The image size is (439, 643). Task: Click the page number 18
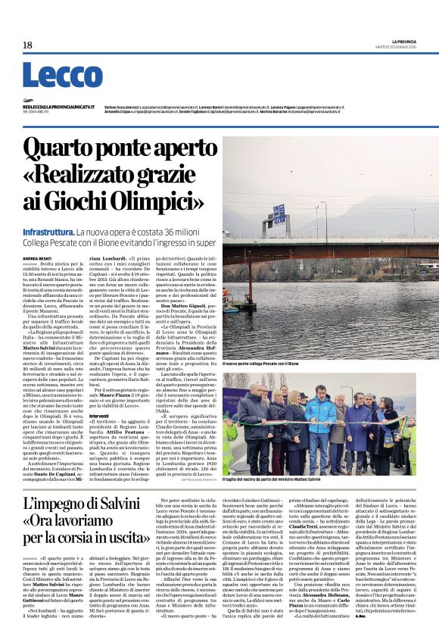[27, 45]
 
